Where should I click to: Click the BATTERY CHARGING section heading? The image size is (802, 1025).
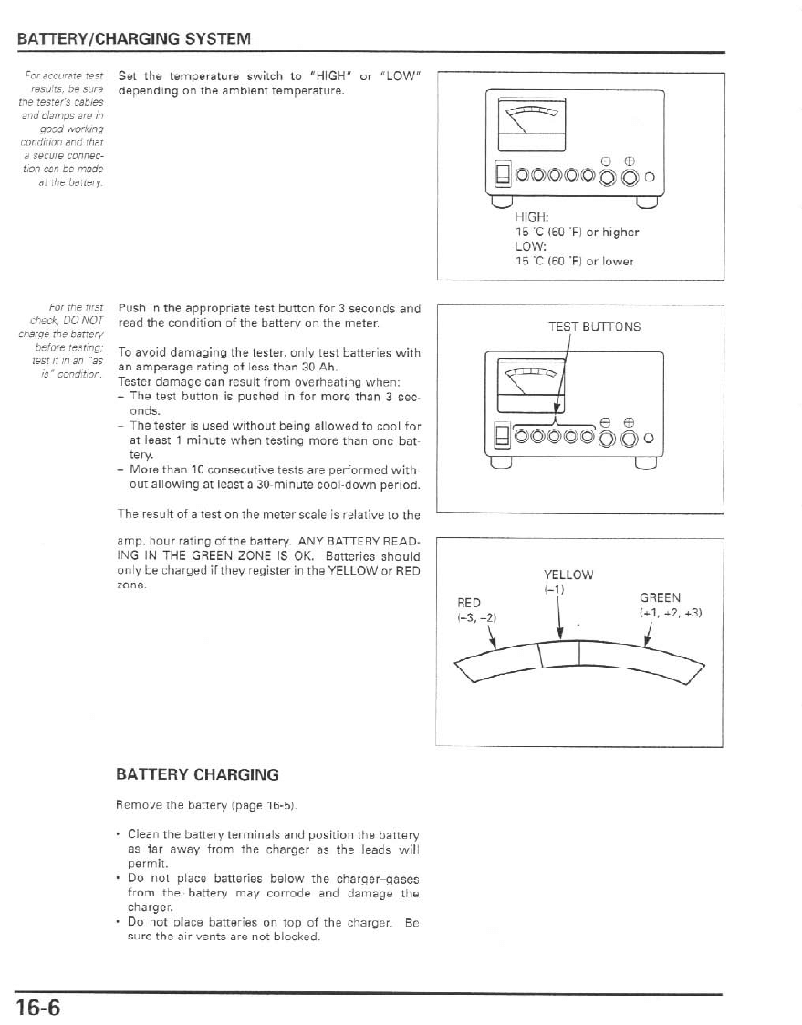tap(197, 774)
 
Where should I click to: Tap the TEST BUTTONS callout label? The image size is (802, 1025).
tap(594, 326)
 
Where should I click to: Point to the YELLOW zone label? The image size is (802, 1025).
tap(568, 575)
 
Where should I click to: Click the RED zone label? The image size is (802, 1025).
tap(469, 603)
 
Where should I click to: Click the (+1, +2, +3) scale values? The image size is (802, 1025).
tap(671, 612)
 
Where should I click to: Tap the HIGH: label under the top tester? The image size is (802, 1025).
tap(531, 218)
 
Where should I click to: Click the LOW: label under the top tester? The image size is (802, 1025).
tap(530, 246)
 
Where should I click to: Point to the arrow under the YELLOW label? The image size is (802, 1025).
tap(558, 617)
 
